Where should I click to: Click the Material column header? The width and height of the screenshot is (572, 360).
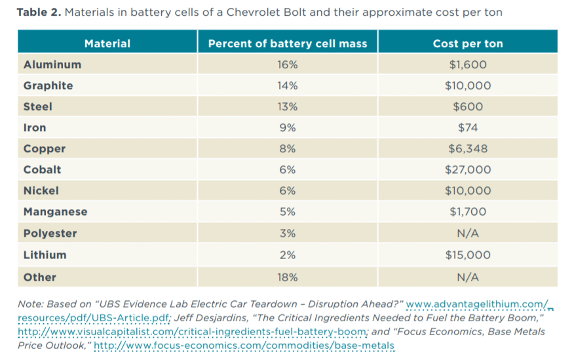(x=107, y=44)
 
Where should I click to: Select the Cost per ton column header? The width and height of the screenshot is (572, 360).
(x=467, y=44)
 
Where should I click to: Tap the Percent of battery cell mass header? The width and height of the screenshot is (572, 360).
(x=288, y=44)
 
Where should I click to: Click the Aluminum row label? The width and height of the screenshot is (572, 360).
(x=52, y=64)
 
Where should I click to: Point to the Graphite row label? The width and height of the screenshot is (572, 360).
(x=48, y=85)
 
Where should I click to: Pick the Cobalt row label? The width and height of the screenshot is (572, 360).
(x=42, y=169)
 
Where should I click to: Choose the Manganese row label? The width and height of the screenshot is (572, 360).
(x=55, y=212)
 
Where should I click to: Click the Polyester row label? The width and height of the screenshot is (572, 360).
(x=50, y=233)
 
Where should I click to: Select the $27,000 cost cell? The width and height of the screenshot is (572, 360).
(x=467, y=169)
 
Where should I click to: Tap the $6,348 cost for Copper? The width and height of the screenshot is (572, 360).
(x=467, y=148)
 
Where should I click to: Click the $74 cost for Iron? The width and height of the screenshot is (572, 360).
(x=467, y=127)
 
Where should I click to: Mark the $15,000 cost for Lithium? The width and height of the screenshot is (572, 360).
(x=467, y=254)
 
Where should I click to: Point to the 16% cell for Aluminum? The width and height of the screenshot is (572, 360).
(x=288, y=64)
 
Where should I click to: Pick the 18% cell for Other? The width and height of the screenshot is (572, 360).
(x=288, y=277)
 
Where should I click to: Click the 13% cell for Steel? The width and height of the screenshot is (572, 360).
(x=288, y=106)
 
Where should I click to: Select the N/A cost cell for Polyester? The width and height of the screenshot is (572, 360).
(x=467, y=233)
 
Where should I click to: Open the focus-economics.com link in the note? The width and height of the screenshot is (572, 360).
(x=244, y=345)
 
